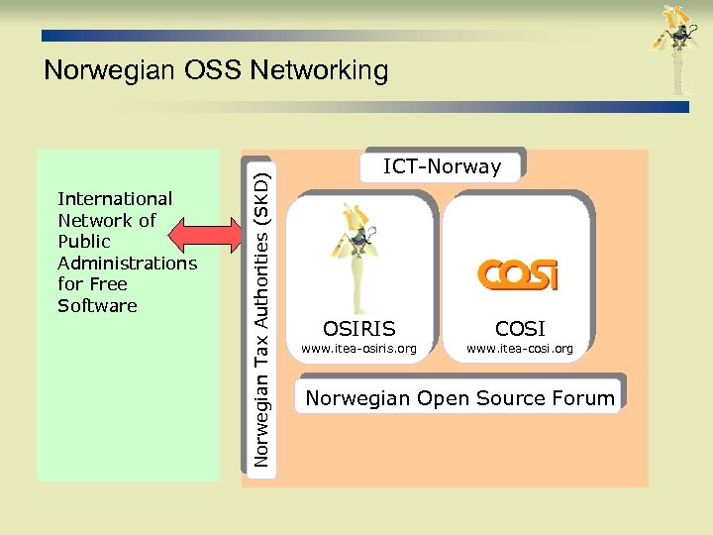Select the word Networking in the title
coord(320,70)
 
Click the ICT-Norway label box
coord(442,166)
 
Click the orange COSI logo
coord(518,274)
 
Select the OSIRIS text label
coord(358,329)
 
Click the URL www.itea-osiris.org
coord(358,349)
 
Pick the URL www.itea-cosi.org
coord(519,349)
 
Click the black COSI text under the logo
coord(520,329)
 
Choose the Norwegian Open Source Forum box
coord(459,398)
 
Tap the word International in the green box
coord(115,199)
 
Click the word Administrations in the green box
coord(128,263)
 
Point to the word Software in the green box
coord(97,305)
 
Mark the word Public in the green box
coord(84,242)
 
